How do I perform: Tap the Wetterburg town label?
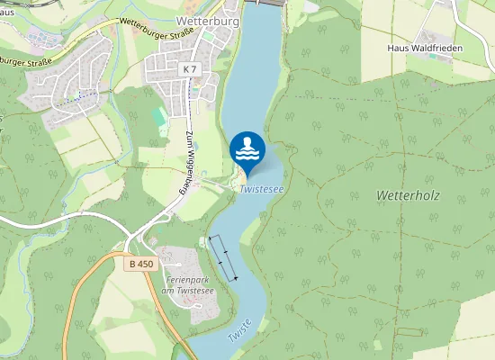pyautogui.click(x=206, y=19)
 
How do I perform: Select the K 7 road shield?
pyautogui.click(x=188, y=68)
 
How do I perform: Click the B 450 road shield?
pyautogui.click(x=141, y=264)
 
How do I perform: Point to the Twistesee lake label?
pyautogui.click(x=262, y=190)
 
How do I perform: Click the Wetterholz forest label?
pyautogui.click(x=408, y=195)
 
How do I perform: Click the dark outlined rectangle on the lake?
pyautogui.click(x=223, y=257)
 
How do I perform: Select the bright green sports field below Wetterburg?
pyautogui.click(x=159, y=117)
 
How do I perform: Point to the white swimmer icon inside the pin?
pyautogui.click(x=247, y=147)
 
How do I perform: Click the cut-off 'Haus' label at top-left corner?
pyautogui.click(x=7, y=12)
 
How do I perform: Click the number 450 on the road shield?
pyautogui.click(x=146, y=264)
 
